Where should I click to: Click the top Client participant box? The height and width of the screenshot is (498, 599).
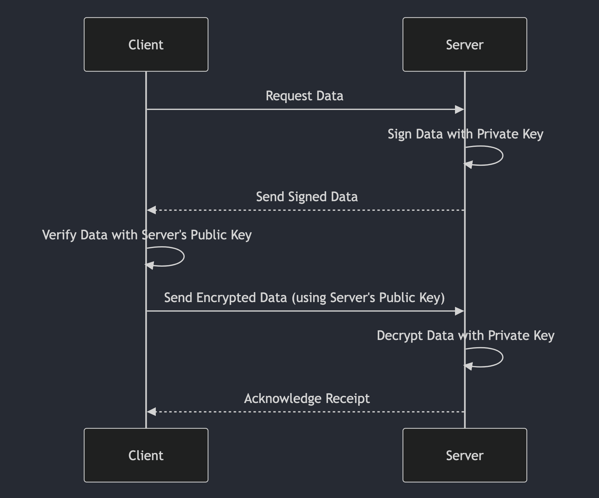(x=146, y=44)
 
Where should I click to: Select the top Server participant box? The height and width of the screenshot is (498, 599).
(x=465, y=44)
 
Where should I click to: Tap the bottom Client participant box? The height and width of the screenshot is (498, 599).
(x=146, y=455)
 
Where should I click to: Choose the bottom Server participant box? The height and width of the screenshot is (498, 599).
(x=465, y=455)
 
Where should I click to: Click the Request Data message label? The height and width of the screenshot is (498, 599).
(x=304, y=96)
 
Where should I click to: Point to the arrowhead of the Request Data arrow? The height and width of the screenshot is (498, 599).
(x=459, y=109)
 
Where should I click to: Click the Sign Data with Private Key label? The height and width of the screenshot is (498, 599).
(x=465, y=134)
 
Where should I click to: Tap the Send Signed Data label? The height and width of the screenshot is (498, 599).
(x=307, y=197)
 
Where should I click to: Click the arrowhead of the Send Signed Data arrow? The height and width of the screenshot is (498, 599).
(x=151, y=210)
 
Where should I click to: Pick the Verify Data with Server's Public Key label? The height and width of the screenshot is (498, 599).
(x=147, y=235)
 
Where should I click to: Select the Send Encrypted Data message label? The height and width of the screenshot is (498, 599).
(x=304, y=297)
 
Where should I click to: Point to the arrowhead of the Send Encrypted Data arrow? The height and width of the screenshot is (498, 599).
(x=459, y=311)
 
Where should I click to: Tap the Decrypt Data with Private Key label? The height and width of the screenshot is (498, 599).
(x=465, y=336)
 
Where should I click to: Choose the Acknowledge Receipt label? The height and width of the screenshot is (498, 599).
(x=307, y=398)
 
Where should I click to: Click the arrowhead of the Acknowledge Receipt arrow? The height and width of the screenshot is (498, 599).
(x=151, y=412)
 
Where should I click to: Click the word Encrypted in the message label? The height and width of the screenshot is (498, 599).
(x=226, y=298)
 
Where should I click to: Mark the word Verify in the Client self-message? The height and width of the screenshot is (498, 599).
(x=59, y=235)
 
